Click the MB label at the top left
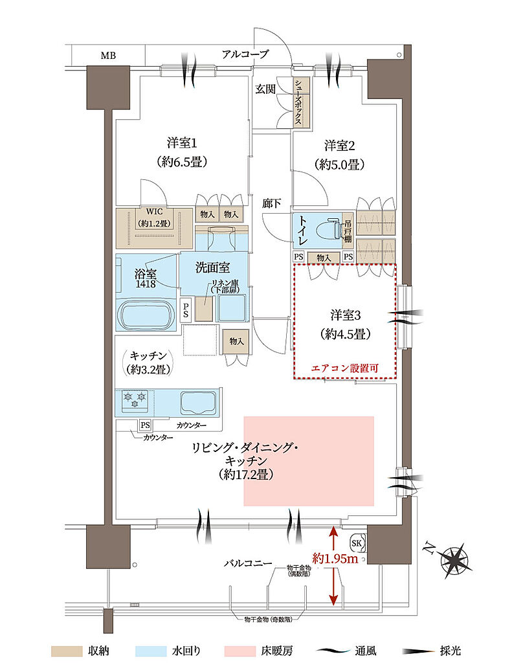109,55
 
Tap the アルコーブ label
245,54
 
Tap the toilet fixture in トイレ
326,230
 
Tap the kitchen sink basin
199,402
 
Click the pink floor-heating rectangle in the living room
309,460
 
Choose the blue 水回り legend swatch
155,650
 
